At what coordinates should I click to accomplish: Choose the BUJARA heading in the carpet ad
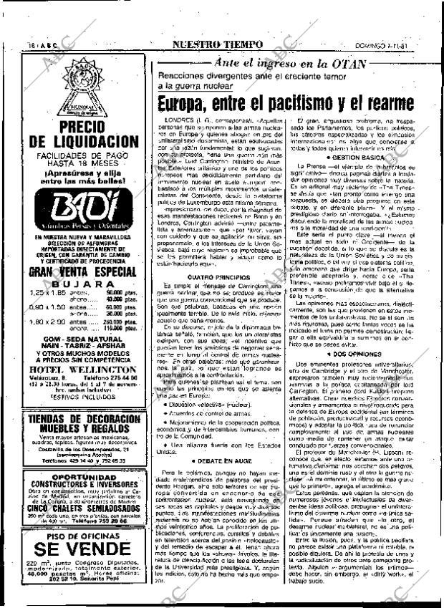tap(81, 285)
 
